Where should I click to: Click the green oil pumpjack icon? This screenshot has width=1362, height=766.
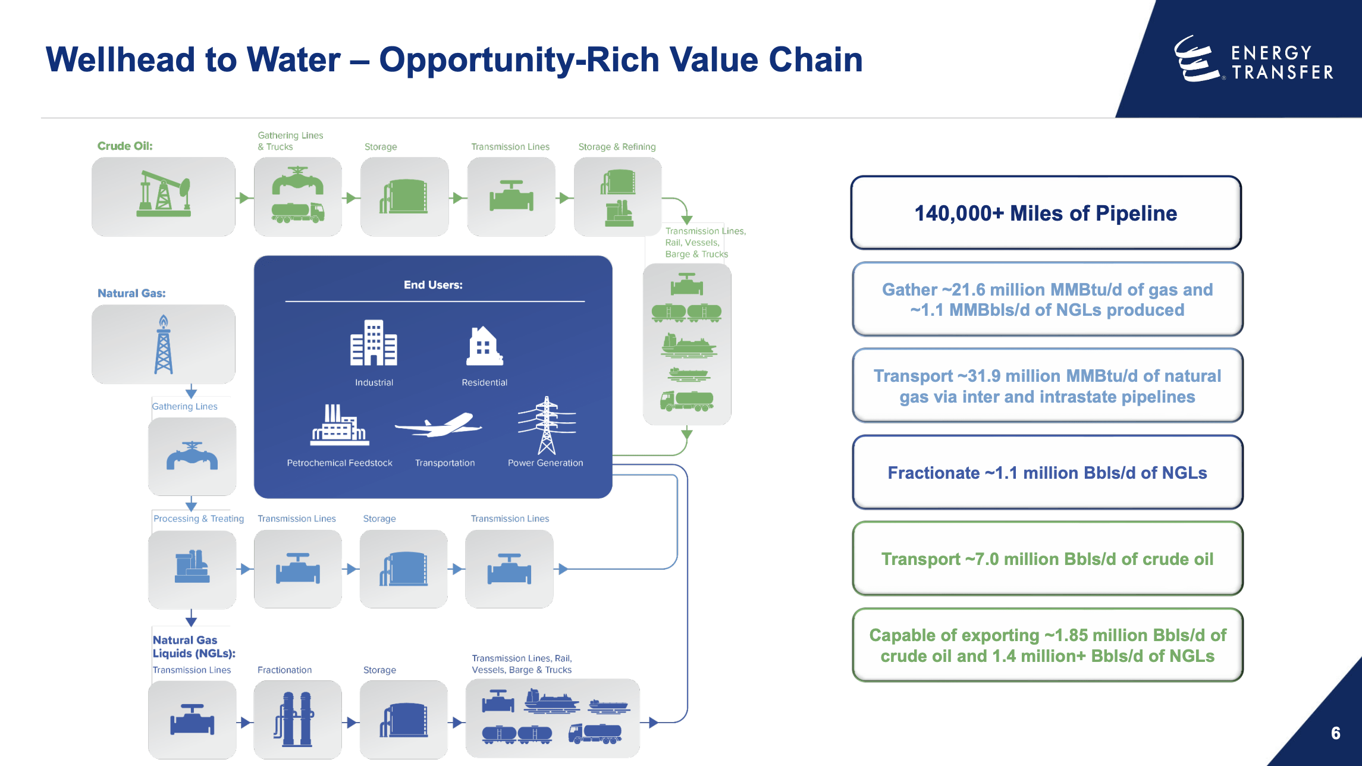164,194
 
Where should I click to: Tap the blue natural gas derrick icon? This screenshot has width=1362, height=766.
164,345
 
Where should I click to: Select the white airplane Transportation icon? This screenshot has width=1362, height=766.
439,425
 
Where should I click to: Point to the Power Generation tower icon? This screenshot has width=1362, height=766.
547,425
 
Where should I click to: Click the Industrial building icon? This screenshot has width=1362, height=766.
374,343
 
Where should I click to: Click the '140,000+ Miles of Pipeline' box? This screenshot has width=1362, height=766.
1046,213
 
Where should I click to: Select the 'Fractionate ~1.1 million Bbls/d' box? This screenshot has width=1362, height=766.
1047,473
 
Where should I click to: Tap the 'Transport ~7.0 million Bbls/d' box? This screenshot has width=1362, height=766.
1047,559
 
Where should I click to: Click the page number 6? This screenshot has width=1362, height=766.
1335,733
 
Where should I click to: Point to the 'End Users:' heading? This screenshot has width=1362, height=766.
433,285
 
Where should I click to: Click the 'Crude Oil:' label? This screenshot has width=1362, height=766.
125,146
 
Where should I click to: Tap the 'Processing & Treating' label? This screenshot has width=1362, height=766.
199,519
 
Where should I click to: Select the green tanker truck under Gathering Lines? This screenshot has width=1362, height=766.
297,212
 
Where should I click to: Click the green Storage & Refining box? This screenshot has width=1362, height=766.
617,197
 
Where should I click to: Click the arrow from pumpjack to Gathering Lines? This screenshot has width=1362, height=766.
244,197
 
